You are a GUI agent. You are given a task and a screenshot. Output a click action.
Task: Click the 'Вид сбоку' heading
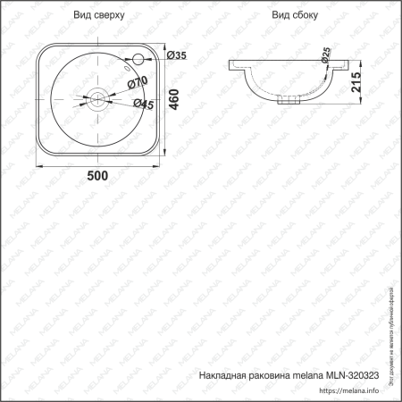click(x=295, y=15)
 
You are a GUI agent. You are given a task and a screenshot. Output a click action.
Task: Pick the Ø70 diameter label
click(x=138, y=83)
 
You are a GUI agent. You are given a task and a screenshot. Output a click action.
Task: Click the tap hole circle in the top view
click(x=138, y=60)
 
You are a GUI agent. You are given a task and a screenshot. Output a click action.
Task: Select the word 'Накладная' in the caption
click(x=223, y=377)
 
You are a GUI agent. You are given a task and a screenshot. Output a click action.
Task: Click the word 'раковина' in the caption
click(x=276, y=377)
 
